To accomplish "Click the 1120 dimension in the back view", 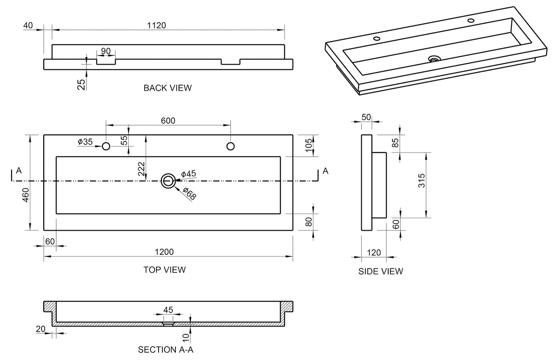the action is [156, 26].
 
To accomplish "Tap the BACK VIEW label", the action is [168, 88].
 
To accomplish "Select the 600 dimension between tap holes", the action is [168, 120].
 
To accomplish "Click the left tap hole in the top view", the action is [106, 146].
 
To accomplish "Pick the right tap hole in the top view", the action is [231, 146].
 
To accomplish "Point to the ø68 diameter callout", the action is [190, 193].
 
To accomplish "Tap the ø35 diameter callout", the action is [85, 142].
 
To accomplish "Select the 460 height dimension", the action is [26, 195].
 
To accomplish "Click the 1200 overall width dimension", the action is [164, 252].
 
